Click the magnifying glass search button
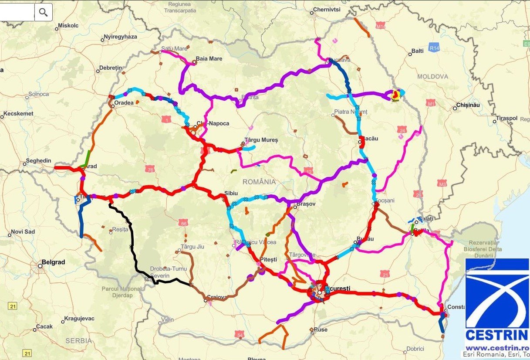pos(43,12)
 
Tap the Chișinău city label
pos(468,105)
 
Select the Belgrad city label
pos(53,262)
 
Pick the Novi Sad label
pos(23,231)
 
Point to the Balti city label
pos(417,51)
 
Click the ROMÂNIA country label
pos(259,182)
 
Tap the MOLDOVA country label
pos(432,77)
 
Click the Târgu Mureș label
pos(261,140)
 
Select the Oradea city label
pos(123,104)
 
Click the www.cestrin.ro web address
pos(496,348)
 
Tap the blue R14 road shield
pos(433,48)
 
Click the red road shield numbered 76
pos(151,169)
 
